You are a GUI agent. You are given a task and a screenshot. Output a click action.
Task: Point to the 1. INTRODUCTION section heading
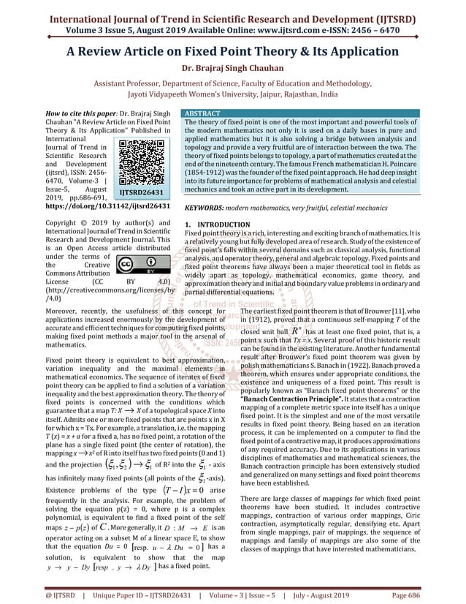[x=213, y=224]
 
